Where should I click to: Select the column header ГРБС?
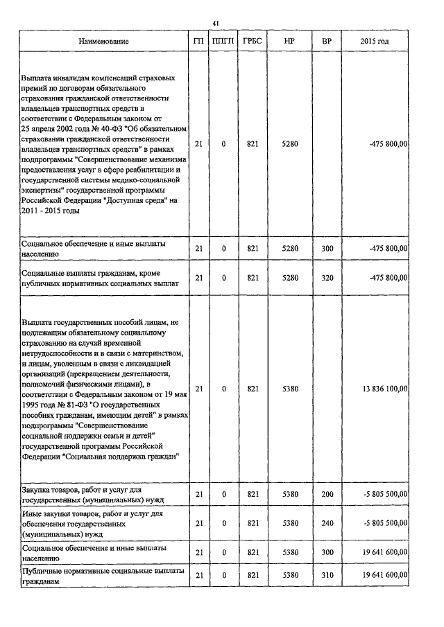(252, 42)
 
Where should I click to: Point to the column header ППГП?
(223, 42)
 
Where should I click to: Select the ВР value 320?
(327, 278)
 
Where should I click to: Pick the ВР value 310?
(327, 576)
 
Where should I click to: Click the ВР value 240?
(327, 522)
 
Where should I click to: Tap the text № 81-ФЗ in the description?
(74, 403)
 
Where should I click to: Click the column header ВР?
(327, 42)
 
